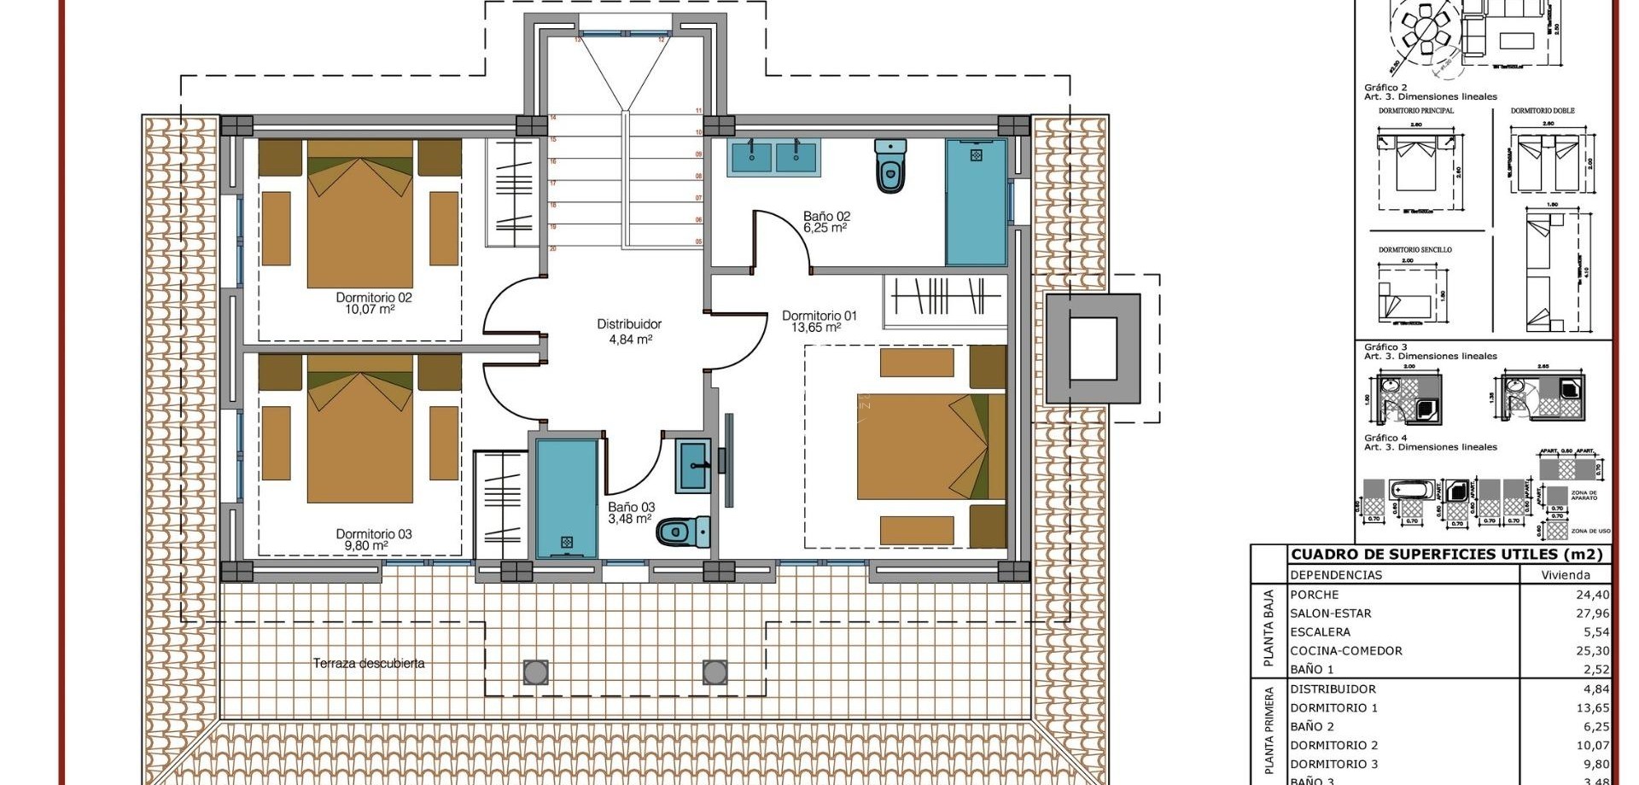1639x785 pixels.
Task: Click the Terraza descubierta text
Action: pyautogui.click(x=368, y=663)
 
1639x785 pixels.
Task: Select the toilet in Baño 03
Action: pyautogui.click(x=683, y=532)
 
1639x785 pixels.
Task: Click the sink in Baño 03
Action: pyautogui.click(x=692, y=465)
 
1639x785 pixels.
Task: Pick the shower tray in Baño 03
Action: pyautogui.click(x=566, y=498)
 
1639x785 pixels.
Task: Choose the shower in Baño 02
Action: pyautogui.click(x=976, y=202)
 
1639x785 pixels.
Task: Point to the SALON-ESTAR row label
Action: pyautogui.click(x=1330, y=613)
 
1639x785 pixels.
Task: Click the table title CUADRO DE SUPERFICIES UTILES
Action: pyautogui.click(x=1446, y=555)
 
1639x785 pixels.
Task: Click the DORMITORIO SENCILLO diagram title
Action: pyautogui.click(x=1414, y=250)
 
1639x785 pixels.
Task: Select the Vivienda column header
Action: pyautogui.click(x=1566, y=575)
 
